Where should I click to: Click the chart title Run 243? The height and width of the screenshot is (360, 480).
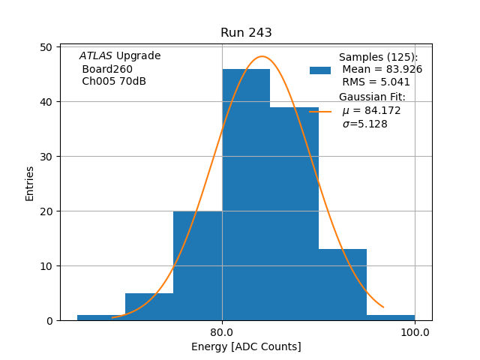[x=246, y=33]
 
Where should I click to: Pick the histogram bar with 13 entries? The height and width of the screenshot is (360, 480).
[x=343, y=285]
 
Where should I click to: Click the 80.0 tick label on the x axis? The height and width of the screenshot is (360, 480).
[x=222, y=331]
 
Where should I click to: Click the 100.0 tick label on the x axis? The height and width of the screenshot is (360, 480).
[x=415, y=331]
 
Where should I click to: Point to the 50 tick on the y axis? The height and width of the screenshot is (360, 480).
[x=46, y=47]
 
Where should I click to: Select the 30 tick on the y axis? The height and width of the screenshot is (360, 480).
[x=46, y=157]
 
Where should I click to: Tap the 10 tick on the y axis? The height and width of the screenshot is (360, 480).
[x=46, y=266]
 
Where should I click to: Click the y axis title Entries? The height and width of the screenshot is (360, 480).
[x=30, y=184]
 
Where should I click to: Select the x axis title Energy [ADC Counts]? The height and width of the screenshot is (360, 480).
[x=246, y=346]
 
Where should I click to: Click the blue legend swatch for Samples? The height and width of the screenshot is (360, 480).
[x=320, y=70]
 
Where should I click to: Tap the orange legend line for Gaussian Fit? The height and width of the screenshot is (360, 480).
[x=320, y=111]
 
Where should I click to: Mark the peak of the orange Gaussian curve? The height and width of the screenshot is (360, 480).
[x=262, y=56]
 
